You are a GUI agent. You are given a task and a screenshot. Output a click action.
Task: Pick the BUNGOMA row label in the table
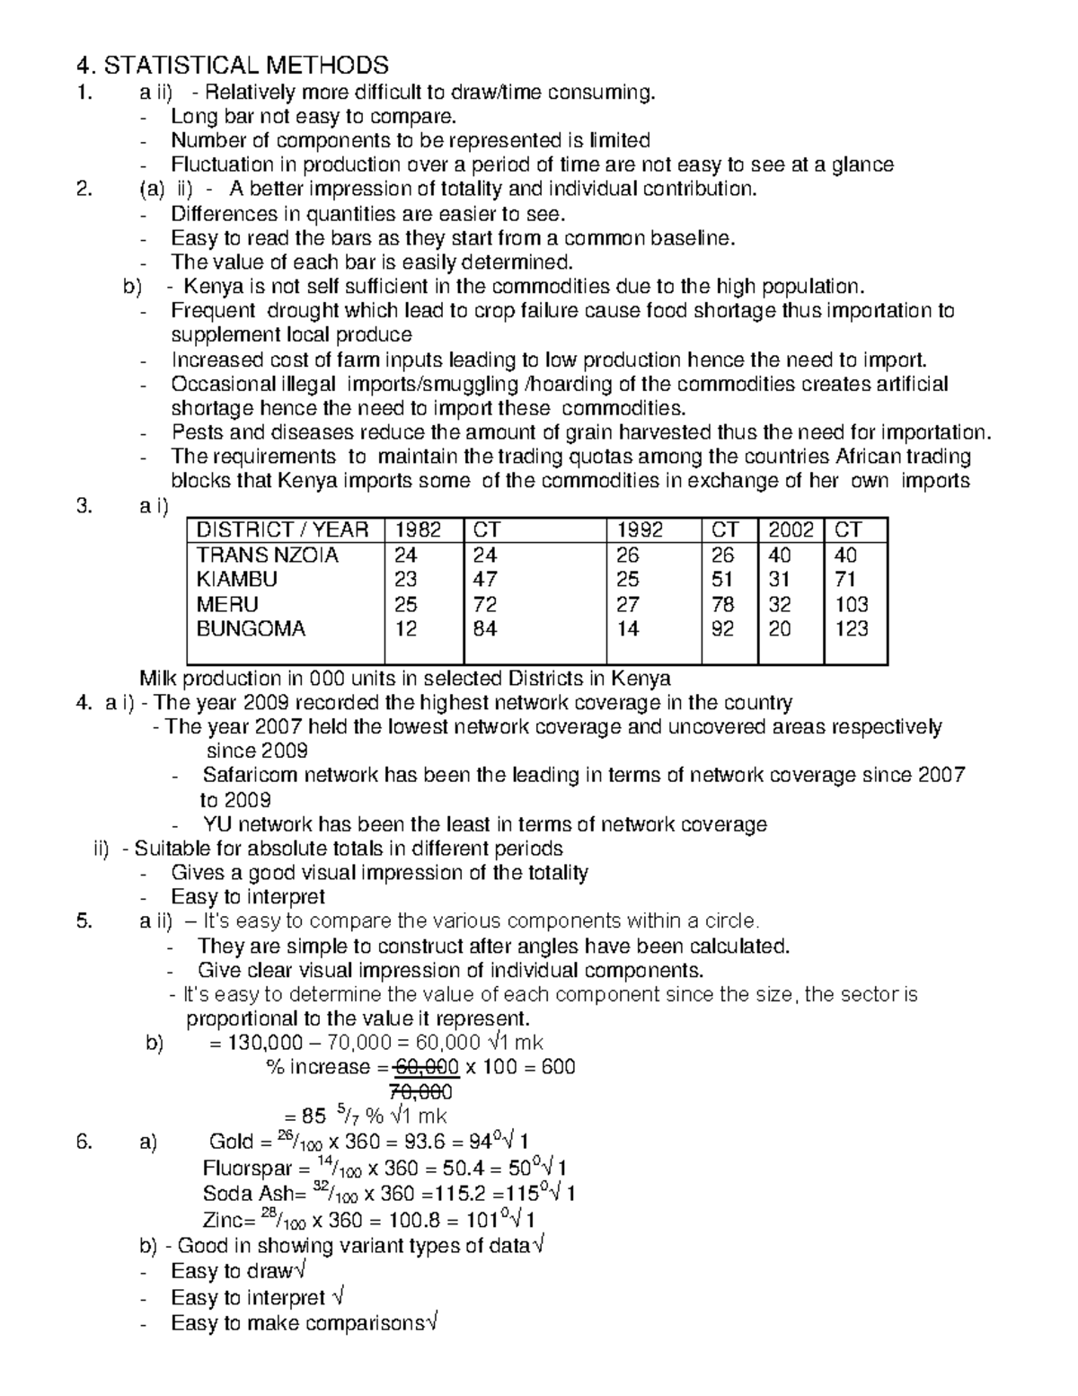tap(251, 629)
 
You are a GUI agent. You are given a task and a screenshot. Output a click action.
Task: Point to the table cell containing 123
tap(851, 629)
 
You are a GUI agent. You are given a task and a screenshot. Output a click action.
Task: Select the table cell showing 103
tap(851, 605)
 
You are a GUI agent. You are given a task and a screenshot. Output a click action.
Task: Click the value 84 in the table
tap(485, 629)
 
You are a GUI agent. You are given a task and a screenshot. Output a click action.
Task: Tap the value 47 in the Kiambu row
tap(485, 580)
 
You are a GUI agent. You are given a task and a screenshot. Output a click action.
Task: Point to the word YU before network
tap(217, 825)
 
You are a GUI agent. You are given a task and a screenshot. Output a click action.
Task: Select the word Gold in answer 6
tap(231, 1143)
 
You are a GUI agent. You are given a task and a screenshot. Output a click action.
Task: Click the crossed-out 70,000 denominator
tap(420, 1092)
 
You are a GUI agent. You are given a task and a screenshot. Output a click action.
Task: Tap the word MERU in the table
tap(227, 605)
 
